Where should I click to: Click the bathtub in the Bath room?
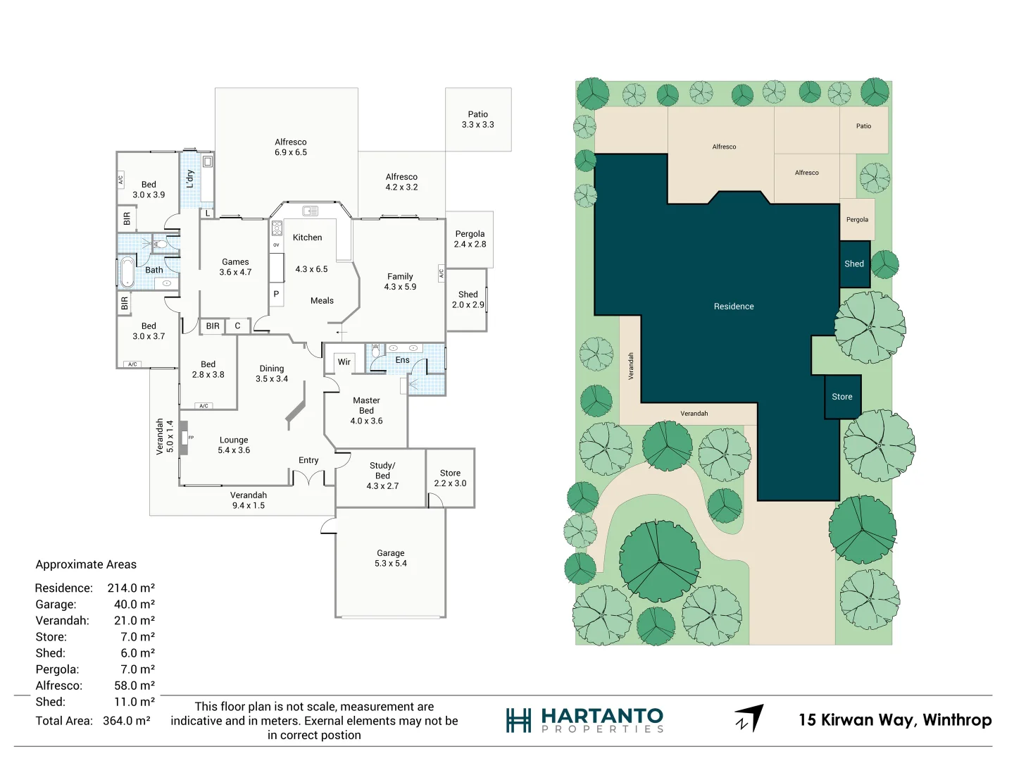click(127, 273)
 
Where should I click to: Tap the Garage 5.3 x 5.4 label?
click(390, 558)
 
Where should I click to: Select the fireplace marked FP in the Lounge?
click(184, 438)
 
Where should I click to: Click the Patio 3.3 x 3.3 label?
click(477, 119)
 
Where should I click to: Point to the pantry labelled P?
click(276, 295)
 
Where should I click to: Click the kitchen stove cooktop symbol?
click(277, 228)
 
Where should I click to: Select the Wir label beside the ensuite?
click(344, 362)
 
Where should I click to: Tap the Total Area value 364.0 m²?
click(127, 721)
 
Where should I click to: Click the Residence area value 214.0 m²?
click(131, 588)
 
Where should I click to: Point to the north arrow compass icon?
click(750, 718)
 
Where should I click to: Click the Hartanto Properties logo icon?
click(518, 720)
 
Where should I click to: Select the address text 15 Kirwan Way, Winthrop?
click(894, 720)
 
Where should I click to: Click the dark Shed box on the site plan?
click(854, 264)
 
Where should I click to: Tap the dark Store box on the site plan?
click(842, 397)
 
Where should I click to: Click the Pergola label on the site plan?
click(857, 220)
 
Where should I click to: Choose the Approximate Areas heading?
click(86, 564)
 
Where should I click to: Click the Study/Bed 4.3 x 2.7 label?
click(382, 476)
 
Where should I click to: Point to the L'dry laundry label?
click(189, 178)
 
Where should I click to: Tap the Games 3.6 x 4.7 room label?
click(235, 267)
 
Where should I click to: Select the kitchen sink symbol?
click(310, 211)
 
